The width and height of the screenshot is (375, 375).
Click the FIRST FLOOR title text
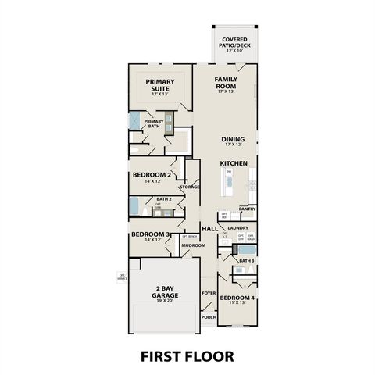pyautogui.click(x=187, y=355)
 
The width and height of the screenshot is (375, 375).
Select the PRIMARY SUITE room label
pyautogui.click(x=159, y=84)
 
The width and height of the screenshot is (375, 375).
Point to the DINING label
pyautogui.click(x=234, y=140)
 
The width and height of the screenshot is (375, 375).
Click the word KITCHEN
pyautogui.click(x=234, y=162)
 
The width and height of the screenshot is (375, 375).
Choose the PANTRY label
pyautogui.click(x=247, y=209)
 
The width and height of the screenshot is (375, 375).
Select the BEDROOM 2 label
pyautogui.click(x=152, y=174)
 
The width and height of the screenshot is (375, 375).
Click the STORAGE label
pyautogui.click(x=189, y=187)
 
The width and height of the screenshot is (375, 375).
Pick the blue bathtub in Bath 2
pyautogui.click(x=135, y=206)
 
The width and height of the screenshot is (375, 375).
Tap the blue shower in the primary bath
pyautogui.click(x=135, y=123)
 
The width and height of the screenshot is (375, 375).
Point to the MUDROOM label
pyautogui.click(x=193, y=245)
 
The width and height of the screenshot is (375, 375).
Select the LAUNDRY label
pyautogui.click(x=237, y=227)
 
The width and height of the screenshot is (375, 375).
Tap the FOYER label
pyautogui.click(x=209, y=293)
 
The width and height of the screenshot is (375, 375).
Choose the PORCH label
pyautogui.click(x=209, y=317)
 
